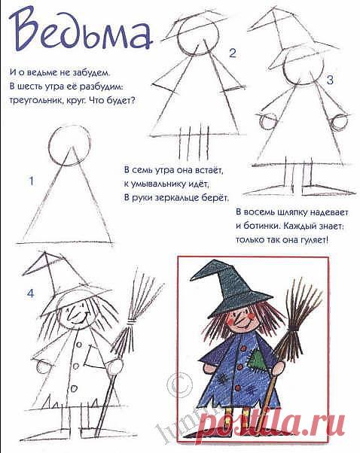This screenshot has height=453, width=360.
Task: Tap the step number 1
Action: click(31, 181)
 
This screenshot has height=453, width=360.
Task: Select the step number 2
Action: click(233, 53)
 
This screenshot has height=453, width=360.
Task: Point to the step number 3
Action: click(330, 80)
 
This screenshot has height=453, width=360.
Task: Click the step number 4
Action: click(30, 293)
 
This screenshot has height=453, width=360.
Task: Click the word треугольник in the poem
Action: click(33, 101)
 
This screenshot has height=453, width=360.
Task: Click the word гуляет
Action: click(314, 239)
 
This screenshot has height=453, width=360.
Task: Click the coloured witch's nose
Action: click(237, 318)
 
